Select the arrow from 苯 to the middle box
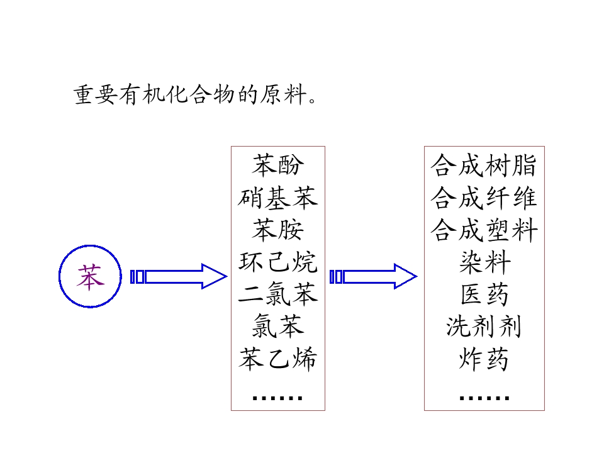(x=178, y=276)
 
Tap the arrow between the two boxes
(x=373, y=276)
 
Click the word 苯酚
(x=277, y=165)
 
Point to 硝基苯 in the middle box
(x=277, y=198)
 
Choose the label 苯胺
(x=277, y=230)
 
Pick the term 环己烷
(x=277, y=262)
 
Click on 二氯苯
(x=277, y=294)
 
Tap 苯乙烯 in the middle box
(x=277, y=359)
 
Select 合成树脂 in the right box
(x=484, y=165)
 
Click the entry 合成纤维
(x=484, y=198)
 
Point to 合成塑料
(x=484, y=230)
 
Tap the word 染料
(x=484, y=262)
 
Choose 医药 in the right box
(x=484, y=294)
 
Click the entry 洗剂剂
(x=484, y=327)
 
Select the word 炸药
(x=484, y=359)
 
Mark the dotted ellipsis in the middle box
(x=277, y=398)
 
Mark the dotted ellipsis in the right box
(x=484, y=398)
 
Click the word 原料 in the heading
(x=283, y=94)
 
